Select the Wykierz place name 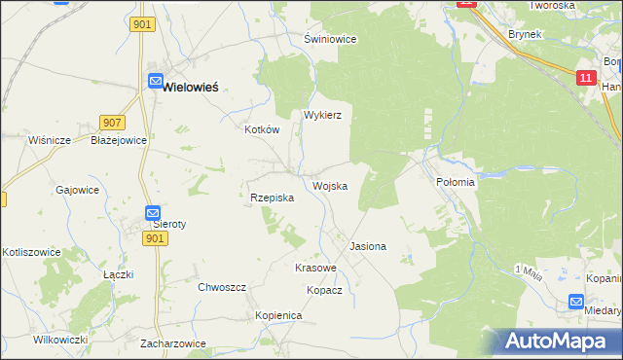pyautogui.click(x=322, y=114)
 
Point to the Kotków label pyautogui.click(x=262, y=128)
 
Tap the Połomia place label pyautogui.click(x=455, y=182)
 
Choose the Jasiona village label pyautogui.click(x=368, y=247)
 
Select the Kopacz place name pyautogui.click(x=324, y=290)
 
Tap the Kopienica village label pyautogui.click(x=279, y=316)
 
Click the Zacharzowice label pyautogui.click(x=172, y=343)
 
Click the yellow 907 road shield pyautogui.click(x=112, y=123)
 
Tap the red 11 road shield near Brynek pyautogui.click(x=585, y=77)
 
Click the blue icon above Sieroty pyautogui.click(x=153, y=212)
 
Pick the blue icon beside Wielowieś pyautogui.click(x=155, y=83)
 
